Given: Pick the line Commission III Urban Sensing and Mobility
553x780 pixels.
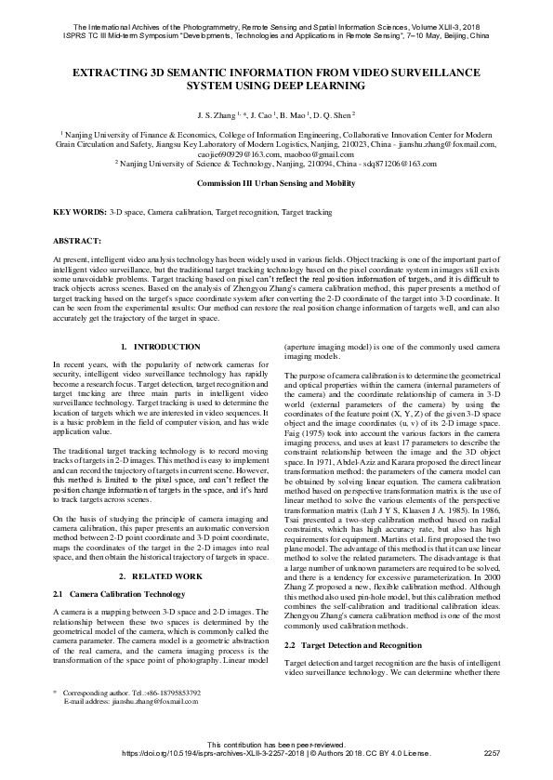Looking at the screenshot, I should pos(276,184).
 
